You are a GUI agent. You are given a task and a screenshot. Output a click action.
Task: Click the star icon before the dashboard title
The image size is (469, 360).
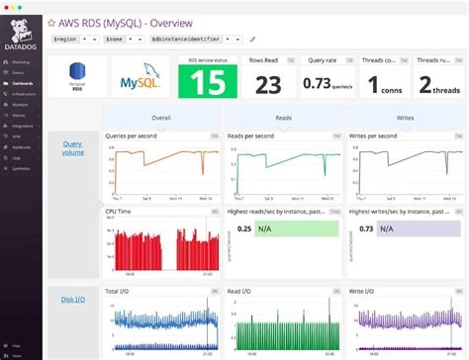click(52, 20)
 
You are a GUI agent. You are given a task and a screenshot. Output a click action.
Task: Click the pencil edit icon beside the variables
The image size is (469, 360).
click(252, 39)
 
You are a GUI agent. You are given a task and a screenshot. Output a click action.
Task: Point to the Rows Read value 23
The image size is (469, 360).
click(267, 86)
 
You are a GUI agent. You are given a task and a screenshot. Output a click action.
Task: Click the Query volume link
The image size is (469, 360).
click(74, 147)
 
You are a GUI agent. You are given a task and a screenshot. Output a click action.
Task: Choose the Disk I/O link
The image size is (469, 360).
click(74, 300)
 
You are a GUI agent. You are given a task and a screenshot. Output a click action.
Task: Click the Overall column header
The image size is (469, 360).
click(161, 116)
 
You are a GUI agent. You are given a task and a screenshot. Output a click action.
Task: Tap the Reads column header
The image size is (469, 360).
click(283, 116)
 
